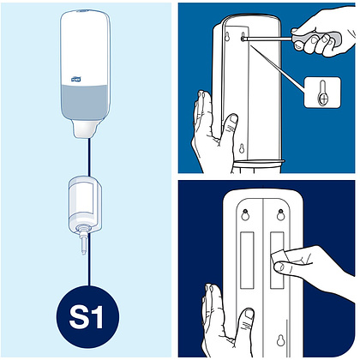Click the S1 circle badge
87,317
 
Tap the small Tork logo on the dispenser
76,79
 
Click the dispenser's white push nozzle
84,129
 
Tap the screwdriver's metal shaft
268,38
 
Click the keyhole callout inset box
322,93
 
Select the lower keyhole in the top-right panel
242,148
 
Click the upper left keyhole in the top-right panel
227,37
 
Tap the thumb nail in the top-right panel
234,119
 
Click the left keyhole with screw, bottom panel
245,214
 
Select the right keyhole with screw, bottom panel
280,214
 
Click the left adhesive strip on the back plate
247,260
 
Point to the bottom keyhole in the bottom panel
280,339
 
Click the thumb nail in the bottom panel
249,314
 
